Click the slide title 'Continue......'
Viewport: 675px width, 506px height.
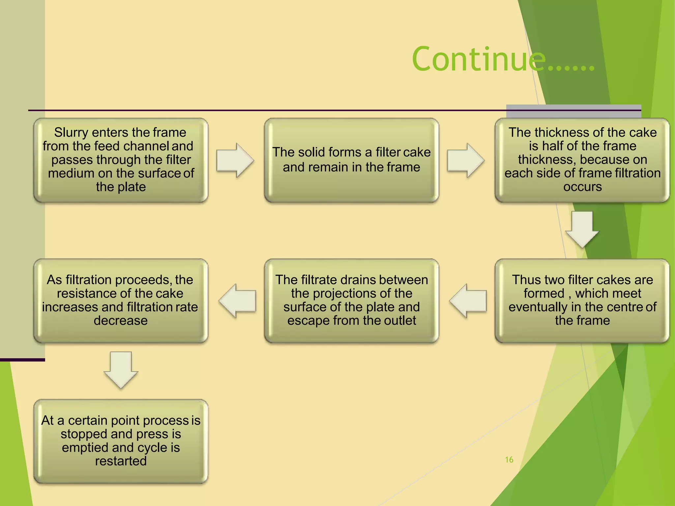click(x=503, y=59)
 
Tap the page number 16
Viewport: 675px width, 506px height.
click(x=509, y=460)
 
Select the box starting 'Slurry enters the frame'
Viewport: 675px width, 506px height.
click(x=121, y=160)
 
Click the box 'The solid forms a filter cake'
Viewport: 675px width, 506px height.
click(x=351, y=160)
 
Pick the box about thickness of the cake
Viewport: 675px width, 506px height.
click(x=582, y=160)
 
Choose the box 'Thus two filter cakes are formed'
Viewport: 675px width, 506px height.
click(x=582, y=300)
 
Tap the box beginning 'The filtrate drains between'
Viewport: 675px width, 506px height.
click(x=351, y=300)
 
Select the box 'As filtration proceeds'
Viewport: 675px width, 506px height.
click(x=121, y=300)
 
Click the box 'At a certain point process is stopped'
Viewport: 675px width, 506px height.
click(x=121, y=441)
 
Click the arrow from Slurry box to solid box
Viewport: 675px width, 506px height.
click(x=235, y=160)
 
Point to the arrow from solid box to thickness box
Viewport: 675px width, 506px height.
click(x=466, y=160)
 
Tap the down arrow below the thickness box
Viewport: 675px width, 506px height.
click(x=582, y=229)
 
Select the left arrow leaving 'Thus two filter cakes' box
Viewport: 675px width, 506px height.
click(x=468, y=301)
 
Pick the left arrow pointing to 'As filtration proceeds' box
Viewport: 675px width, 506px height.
click(x=237, y=301)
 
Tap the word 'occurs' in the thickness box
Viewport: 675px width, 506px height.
click(x=582, y=187)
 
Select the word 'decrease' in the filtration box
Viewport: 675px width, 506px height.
click(x=121, y=321)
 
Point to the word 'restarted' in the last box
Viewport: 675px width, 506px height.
click(x=121, y=461)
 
